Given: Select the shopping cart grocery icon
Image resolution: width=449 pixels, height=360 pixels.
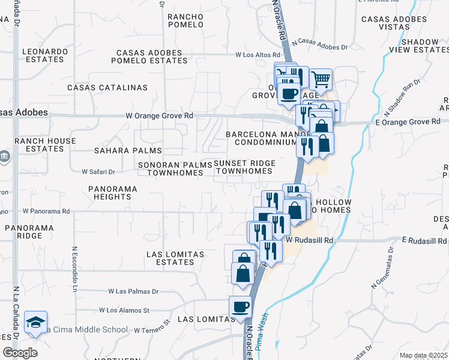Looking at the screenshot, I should coord(321,79).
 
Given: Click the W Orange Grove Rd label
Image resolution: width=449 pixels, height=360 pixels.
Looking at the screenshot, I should coord(159,116).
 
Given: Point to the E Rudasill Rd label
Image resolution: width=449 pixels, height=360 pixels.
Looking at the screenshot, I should coord(424,241).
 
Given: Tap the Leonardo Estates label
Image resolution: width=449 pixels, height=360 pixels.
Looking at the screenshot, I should coord(45,55).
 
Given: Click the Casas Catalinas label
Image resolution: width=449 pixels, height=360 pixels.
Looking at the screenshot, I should coord(107,88).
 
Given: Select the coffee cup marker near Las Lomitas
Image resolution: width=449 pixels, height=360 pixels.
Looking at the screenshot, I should coord(240,307).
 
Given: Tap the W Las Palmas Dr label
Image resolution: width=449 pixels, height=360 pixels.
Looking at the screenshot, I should coord(133,292).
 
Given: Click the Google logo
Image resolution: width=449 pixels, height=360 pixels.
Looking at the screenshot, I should coord(20,353).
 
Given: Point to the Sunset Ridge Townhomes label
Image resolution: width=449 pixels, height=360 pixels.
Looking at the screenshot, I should coord(244,167).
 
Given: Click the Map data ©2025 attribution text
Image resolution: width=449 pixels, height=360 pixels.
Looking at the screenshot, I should coord(423,355).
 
